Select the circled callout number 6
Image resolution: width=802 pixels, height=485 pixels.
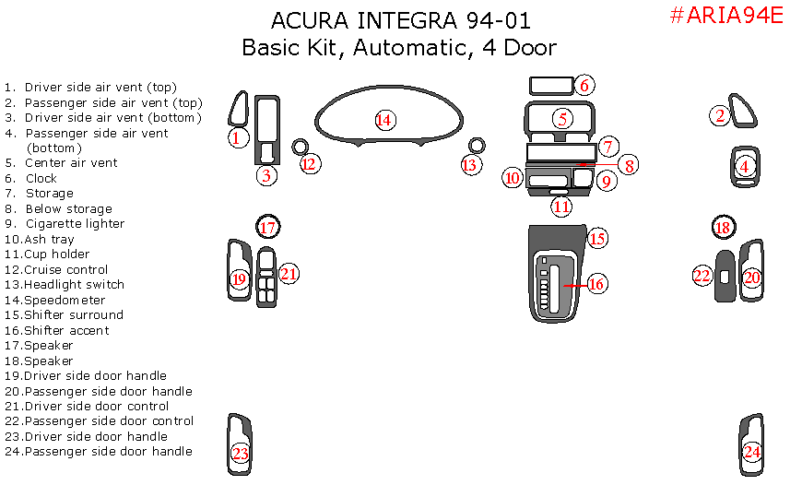(x=584, y=86)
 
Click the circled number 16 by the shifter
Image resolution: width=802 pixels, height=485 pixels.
(x=596, y=284)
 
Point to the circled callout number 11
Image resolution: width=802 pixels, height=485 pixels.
(x=561, y=207)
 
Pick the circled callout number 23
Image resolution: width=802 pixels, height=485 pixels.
(x=241, y=454)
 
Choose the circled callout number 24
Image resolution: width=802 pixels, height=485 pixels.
(x=752, y=452)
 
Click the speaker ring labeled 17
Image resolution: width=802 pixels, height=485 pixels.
(x=267, y=227)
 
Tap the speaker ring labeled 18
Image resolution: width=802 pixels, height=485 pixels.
(x=723, y=227)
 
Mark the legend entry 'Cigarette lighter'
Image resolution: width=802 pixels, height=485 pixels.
(x=75, y=224)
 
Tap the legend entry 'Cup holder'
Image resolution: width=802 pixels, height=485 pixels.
(x=57, y=254)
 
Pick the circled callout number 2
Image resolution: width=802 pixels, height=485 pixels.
(x=719, y=115)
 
